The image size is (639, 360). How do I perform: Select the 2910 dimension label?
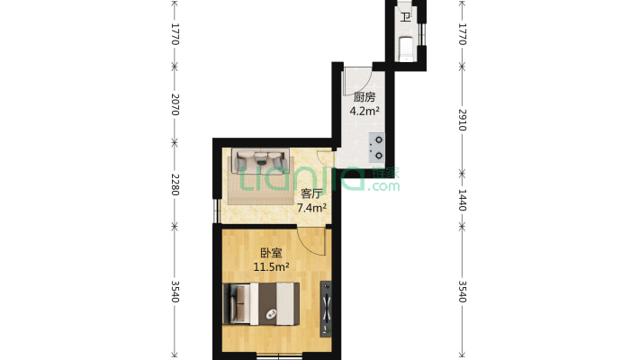463,121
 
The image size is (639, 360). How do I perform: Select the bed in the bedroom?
263,302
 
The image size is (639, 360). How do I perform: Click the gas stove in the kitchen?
378,148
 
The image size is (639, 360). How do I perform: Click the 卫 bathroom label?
405,17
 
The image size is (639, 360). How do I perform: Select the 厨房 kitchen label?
364,97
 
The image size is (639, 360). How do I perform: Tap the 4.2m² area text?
364,112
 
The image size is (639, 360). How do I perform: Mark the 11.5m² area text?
270,267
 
